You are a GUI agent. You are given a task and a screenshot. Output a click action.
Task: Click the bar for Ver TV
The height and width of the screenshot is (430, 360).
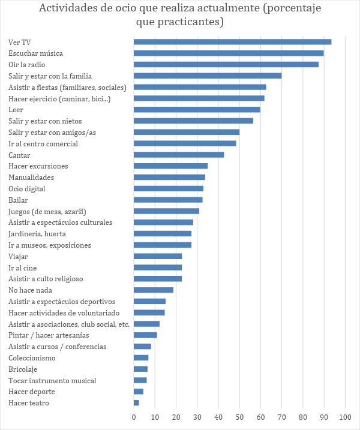232,42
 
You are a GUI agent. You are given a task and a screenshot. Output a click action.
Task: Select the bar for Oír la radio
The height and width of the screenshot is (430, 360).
226,64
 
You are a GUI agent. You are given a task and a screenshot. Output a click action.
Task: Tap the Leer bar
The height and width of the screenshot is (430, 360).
197,109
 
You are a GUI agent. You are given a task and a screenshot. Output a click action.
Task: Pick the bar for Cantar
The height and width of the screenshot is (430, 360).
179,155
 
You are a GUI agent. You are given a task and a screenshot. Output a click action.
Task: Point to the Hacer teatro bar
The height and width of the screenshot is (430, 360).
136,403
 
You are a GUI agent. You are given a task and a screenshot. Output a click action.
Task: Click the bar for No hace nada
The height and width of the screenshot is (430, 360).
153,290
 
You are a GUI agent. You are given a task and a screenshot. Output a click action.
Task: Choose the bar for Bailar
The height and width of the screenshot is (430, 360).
168,200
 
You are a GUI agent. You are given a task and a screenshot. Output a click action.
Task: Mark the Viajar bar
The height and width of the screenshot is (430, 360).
157,256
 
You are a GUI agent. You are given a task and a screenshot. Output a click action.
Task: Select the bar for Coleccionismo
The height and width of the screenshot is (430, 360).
141,358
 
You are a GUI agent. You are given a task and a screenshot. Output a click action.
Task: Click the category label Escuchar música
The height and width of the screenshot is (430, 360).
35,53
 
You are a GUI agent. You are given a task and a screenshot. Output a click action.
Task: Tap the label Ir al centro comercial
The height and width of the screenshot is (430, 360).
43,144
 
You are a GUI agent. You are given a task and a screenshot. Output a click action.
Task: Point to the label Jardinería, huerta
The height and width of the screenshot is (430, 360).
37,234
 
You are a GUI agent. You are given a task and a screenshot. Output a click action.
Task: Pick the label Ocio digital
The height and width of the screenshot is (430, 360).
27,189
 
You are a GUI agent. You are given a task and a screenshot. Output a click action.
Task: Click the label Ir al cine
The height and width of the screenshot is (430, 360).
23,267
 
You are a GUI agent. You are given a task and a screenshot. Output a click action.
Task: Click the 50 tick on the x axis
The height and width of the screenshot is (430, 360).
239,416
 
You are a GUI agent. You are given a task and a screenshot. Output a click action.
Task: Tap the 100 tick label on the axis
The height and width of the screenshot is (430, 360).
345,416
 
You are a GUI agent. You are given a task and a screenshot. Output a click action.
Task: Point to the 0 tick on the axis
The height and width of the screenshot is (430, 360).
134,416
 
